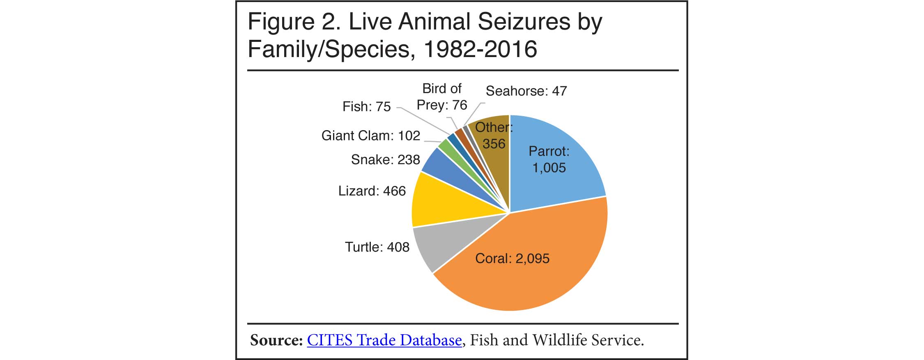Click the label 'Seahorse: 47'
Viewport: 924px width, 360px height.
pyautogui.click(x=526, y=91)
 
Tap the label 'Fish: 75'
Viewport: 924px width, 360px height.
pyautogui.click(x=366, y=107)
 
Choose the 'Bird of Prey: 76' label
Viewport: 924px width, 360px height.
pyautogui.click(x=442, y=97)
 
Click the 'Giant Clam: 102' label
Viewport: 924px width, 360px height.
pyautogui.click(x=370, y=135)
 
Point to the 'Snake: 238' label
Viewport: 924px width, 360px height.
pyautogui.click(x=385, y=160)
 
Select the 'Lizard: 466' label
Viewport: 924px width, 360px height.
pyautogui.click(x=372, y=191)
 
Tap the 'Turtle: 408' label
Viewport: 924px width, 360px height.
pyautogui.click(x=377, y=247)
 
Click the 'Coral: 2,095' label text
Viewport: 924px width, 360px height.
pyautogui.click(x=512, y=259)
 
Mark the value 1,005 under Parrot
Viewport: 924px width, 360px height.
pyautogui.click(x=549, y=168)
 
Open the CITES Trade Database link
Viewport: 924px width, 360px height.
pyautogui.click(x=384, y=340)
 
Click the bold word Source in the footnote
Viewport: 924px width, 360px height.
pyautogui.click(x=276, y=340)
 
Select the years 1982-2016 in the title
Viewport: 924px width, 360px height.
pyautogui.click(x=480, y=49)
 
